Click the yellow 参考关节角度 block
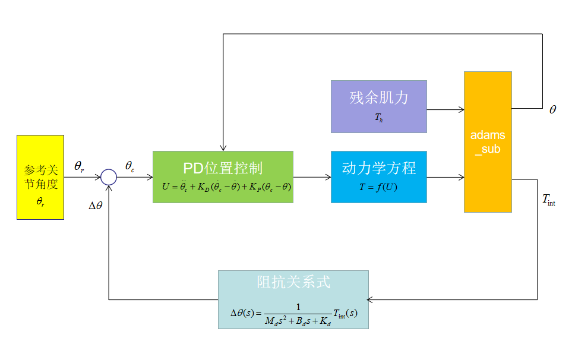40,177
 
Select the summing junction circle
108,177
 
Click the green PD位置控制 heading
223,168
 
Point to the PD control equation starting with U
226,186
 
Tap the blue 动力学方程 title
379,168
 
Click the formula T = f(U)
378,186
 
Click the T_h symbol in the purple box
379,118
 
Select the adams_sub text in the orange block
488,142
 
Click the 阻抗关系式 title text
293,282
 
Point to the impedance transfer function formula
294,313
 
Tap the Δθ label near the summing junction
96,206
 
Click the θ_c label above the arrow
129,167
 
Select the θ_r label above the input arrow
79,167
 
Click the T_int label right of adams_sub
549,200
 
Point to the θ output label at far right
552,110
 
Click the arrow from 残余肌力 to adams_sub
445,109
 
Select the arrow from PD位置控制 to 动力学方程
312,177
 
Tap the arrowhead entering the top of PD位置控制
223,148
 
